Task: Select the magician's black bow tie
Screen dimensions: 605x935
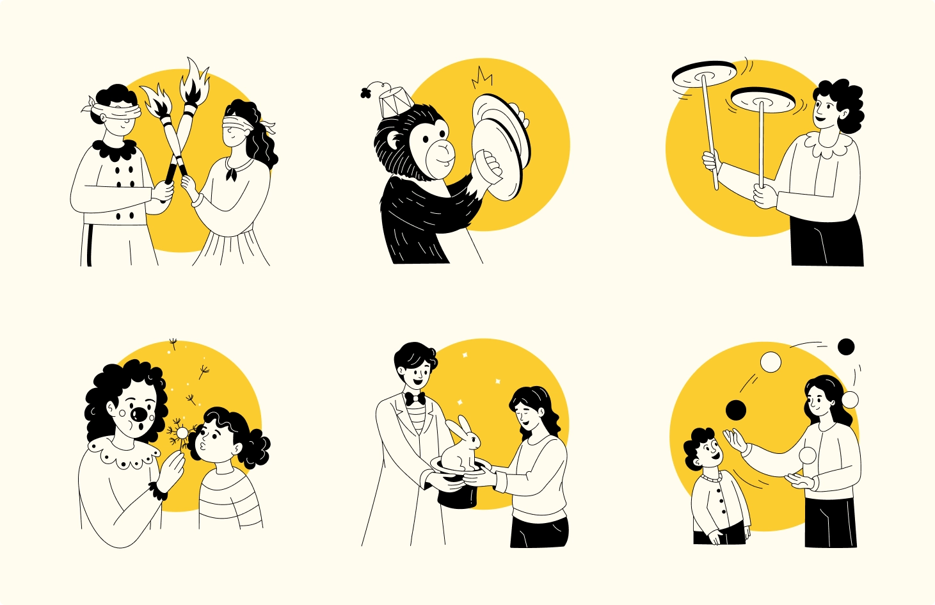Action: tap(415, 399)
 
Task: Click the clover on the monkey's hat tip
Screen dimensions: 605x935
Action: tap(367, 92)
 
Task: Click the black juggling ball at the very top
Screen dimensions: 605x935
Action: tap(846, 347)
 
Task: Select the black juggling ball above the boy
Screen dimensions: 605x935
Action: tap(736, 410)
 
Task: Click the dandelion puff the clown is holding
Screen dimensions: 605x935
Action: tap(182, 433)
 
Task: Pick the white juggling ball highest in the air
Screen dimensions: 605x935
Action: tap(771, 362)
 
